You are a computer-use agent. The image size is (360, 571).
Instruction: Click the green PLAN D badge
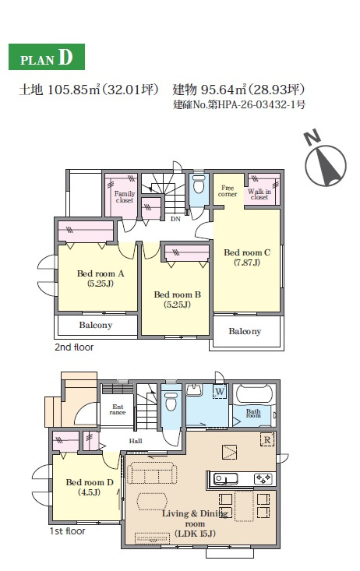[47, 57]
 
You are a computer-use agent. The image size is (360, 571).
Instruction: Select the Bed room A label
[101, 278]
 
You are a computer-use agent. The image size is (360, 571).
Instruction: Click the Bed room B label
[177, 299]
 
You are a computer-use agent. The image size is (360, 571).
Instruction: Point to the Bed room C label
[247, 257]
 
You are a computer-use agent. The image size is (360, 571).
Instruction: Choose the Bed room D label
[90, 487]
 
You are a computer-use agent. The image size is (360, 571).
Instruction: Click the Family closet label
[125, 196]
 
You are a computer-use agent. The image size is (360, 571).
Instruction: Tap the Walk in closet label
[259, 194]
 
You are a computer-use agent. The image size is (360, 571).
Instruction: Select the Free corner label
[228, 191]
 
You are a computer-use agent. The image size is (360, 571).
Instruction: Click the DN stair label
[175, 219]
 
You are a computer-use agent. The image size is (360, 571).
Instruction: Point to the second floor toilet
[199, 185]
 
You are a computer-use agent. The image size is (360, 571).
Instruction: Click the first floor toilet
[171, 402]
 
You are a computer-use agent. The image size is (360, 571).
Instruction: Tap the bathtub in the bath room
[254, 394]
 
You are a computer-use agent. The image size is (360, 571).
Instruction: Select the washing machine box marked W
[220, 392]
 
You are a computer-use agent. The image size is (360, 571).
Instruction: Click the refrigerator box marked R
[267, 439]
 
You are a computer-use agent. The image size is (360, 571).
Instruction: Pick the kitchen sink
[225, 478]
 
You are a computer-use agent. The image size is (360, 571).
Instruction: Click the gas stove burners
[263, 478]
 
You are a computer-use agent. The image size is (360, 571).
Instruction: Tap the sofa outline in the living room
[152, 473]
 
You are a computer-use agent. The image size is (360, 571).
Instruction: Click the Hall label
[136, 441]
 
